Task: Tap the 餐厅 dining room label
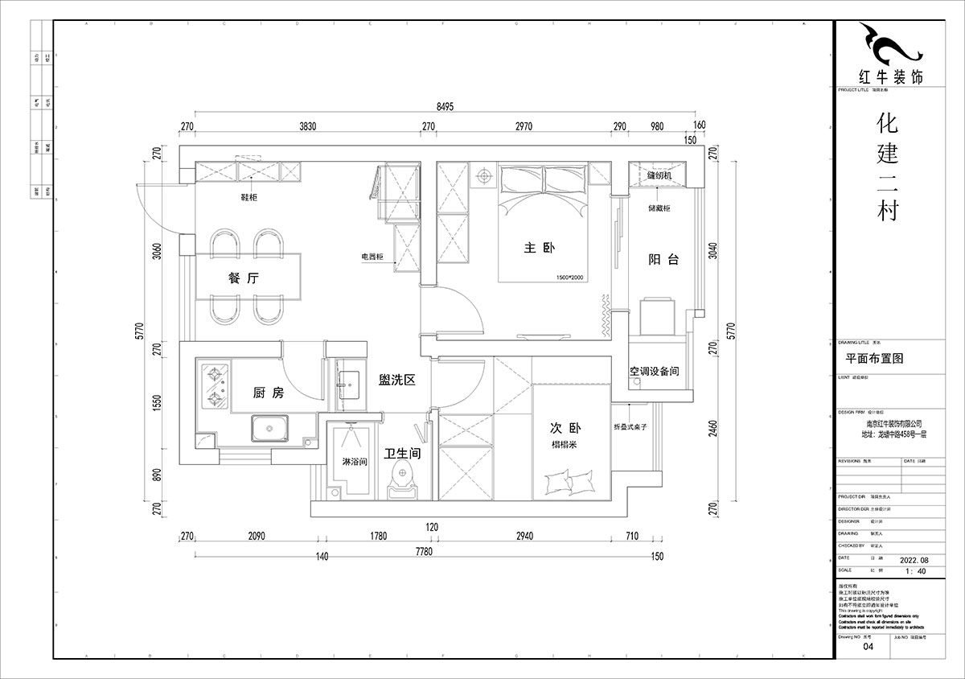point(242,279)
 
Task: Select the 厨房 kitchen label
point(268,393)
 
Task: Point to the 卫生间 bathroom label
point(402,454)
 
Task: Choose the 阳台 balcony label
point(663,259)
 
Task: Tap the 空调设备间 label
point(655,372)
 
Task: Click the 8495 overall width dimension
point(447,106)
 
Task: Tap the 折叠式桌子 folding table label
point(631,426)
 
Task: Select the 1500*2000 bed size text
point(569,278)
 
